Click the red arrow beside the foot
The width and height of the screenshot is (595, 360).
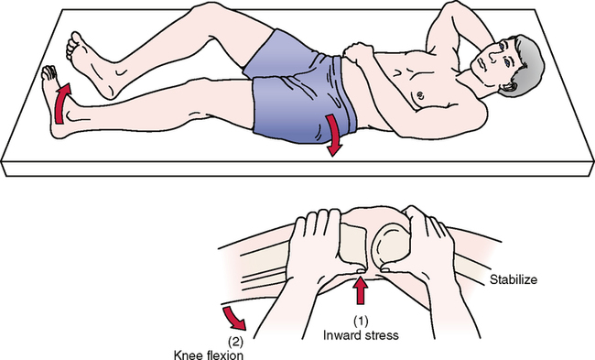coord(60,105)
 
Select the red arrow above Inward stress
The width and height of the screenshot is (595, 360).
coord(360,290)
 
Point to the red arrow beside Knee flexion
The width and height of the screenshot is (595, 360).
coord(234,318)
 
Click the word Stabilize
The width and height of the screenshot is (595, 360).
coord(514,280)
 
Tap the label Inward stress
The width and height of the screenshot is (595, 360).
coord(361,335)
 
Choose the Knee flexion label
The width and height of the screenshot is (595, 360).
coord(209,355)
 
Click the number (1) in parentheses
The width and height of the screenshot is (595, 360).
coord(361,322)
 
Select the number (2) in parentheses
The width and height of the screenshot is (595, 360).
coord(235,343)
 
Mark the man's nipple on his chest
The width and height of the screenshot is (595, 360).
coord(419,94)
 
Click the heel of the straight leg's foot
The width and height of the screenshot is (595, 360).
coord(57,130)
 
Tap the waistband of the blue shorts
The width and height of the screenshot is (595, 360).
coord(343,95)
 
